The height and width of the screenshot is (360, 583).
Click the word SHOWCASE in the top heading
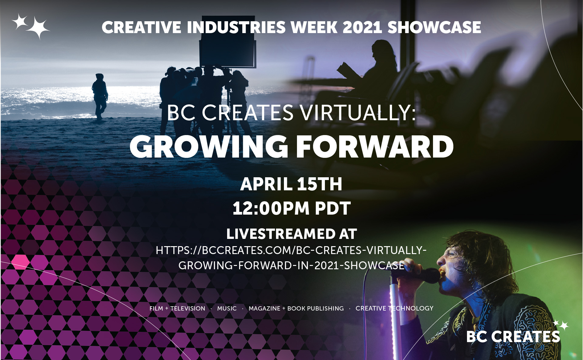434,27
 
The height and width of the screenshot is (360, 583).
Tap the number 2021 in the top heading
362,27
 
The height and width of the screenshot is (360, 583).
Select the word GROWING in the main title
209,147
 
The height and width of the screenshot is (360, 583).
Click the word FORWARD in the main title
375,147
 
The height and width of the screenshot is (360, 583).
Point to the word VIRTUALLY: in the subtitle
358,113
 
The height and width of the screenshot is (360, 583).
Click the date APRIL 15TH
291,184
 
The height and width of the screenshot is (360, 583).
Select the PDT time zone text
333,208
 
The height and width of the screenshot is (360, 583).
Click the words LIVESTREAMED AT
291,234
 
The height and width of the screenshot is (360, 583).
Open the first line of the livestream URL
291,250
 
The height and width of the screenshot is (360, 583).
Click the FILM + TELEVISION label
177,308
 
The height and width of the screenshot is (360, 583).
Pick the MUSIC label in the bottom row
227,308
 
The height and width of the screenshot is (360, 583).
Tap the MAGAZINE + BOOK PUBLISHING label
296,308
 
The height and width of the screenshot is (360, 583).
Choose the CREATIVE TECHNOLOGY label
394,308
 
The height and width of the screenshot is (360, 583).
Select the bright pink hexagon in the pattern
21,262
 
